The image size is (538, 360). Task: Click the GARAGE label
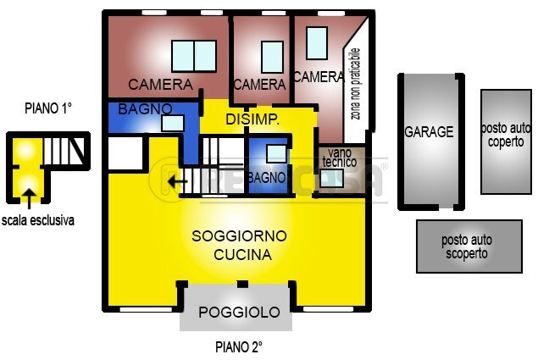tap(429, 132)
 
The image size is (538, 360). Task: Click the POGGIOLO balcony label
tap(239, 313)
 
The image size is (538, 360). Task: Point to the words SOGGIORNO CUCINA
tap(240, 245)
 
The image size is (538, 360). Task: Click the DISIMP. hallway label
tap(252, 119)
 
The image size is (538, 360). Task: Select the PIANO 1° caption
tap(49, 108)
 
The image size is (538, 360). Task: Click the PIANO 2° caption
tap(239, 346)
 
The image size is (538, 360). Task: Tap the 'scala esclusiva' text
tap(38, 220)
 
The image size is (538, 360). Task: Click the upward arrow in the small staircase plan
tap(30, 198)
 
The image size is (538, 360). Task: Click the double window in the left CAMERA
tap(194, 57)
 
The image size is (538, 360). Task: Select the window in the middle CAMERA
tap(272, 57)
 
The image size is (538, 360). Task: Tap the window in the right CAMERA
tap(317, 43)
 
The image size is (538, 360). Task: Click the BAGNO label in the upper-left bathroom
tap(145, 108)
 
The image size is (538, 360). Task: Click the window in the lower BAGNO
tap(276, 153)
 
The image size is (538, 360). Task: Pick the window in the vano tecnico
tap(332, 179)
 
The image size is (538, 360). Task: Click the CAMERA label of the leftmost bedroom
tap(161, 85)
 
